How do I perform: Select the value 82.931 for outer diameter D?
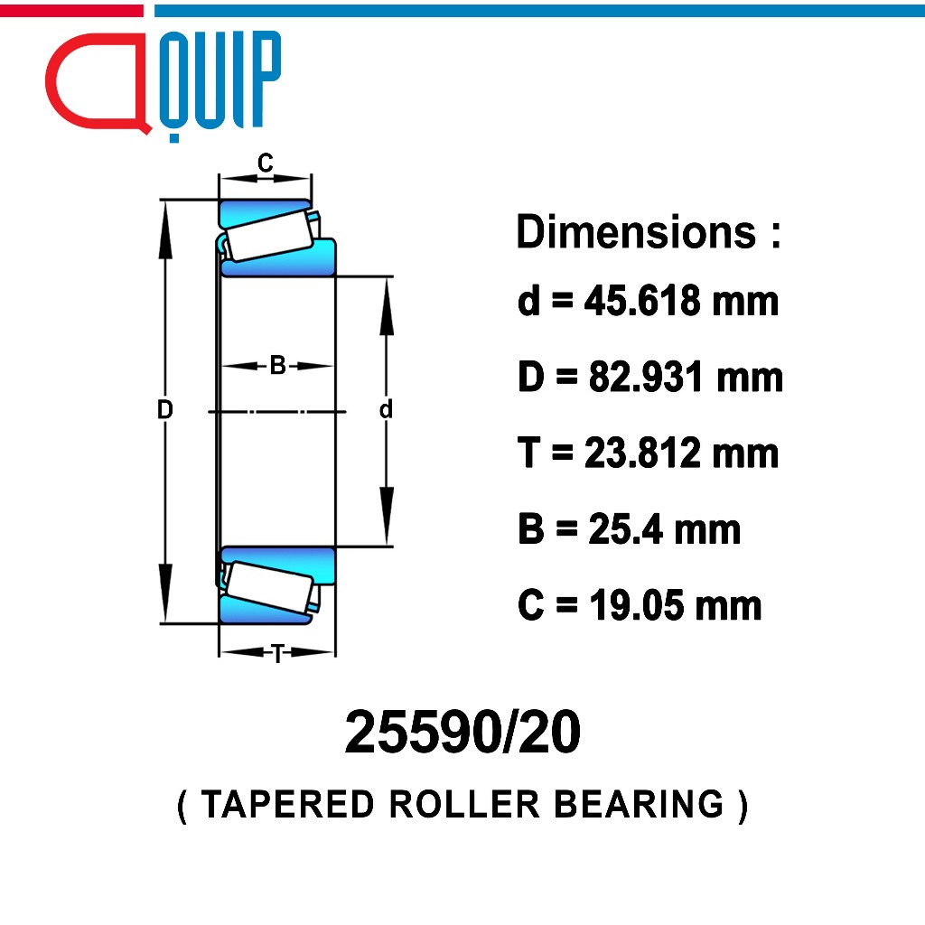(x=645, y=377)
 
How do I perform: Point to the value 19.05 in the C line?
(x=635, y=605)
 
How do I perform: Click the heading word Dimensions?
(x=636, y=232)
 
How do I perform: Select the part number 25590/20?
(x=462, y=732)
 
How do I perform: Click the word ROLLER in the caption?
(x=464, y=804)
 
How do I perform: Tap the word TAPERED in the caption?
(x=288, y=804)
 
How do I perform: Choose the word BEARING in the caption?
(x=639, y=804)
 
